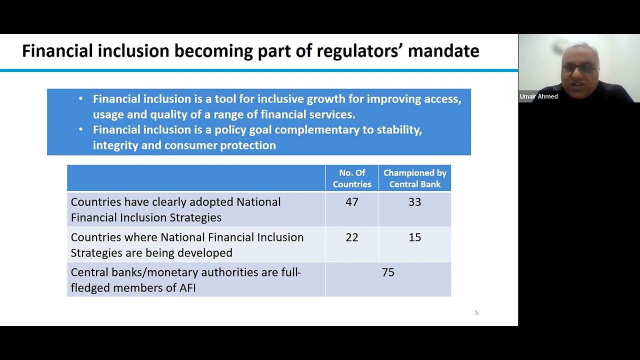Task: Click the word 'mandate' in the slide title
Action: (x=443, y=51)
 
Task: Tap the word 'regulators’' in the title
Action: (x=359, y=51)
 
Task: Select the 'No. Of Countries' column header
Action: (x=352, y=178)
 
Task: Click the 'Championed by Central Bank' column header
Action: (x=414, y=178)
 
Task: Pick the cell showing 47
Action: (x=352, y=202)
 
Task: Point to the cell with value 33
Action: (x=414, y=202)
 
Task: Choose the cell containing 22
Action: (x=352, y=237)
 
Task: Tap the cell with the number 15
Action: (x=414, y=237)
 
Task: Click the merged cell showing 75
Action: (x=388, y=272)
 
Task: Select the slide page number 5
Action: (x=476, y=312)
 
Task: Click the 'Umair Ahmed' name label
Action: (x=538, y=96)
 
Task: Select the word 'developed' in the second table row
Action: (x=207, y=253)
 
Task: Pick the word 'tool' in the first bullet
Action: (x=225, y=99)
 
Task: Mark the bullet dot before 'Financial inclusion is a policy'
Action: (x=81, y=129)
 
